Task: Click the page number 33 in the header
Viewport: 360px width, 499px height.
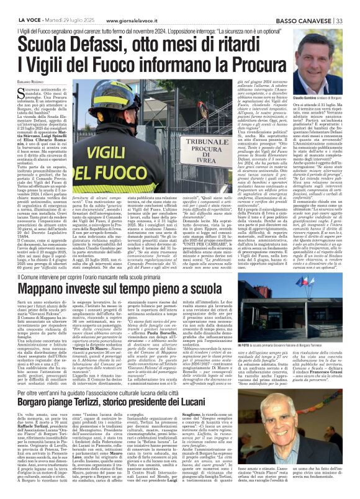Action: tap(340, 20)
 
